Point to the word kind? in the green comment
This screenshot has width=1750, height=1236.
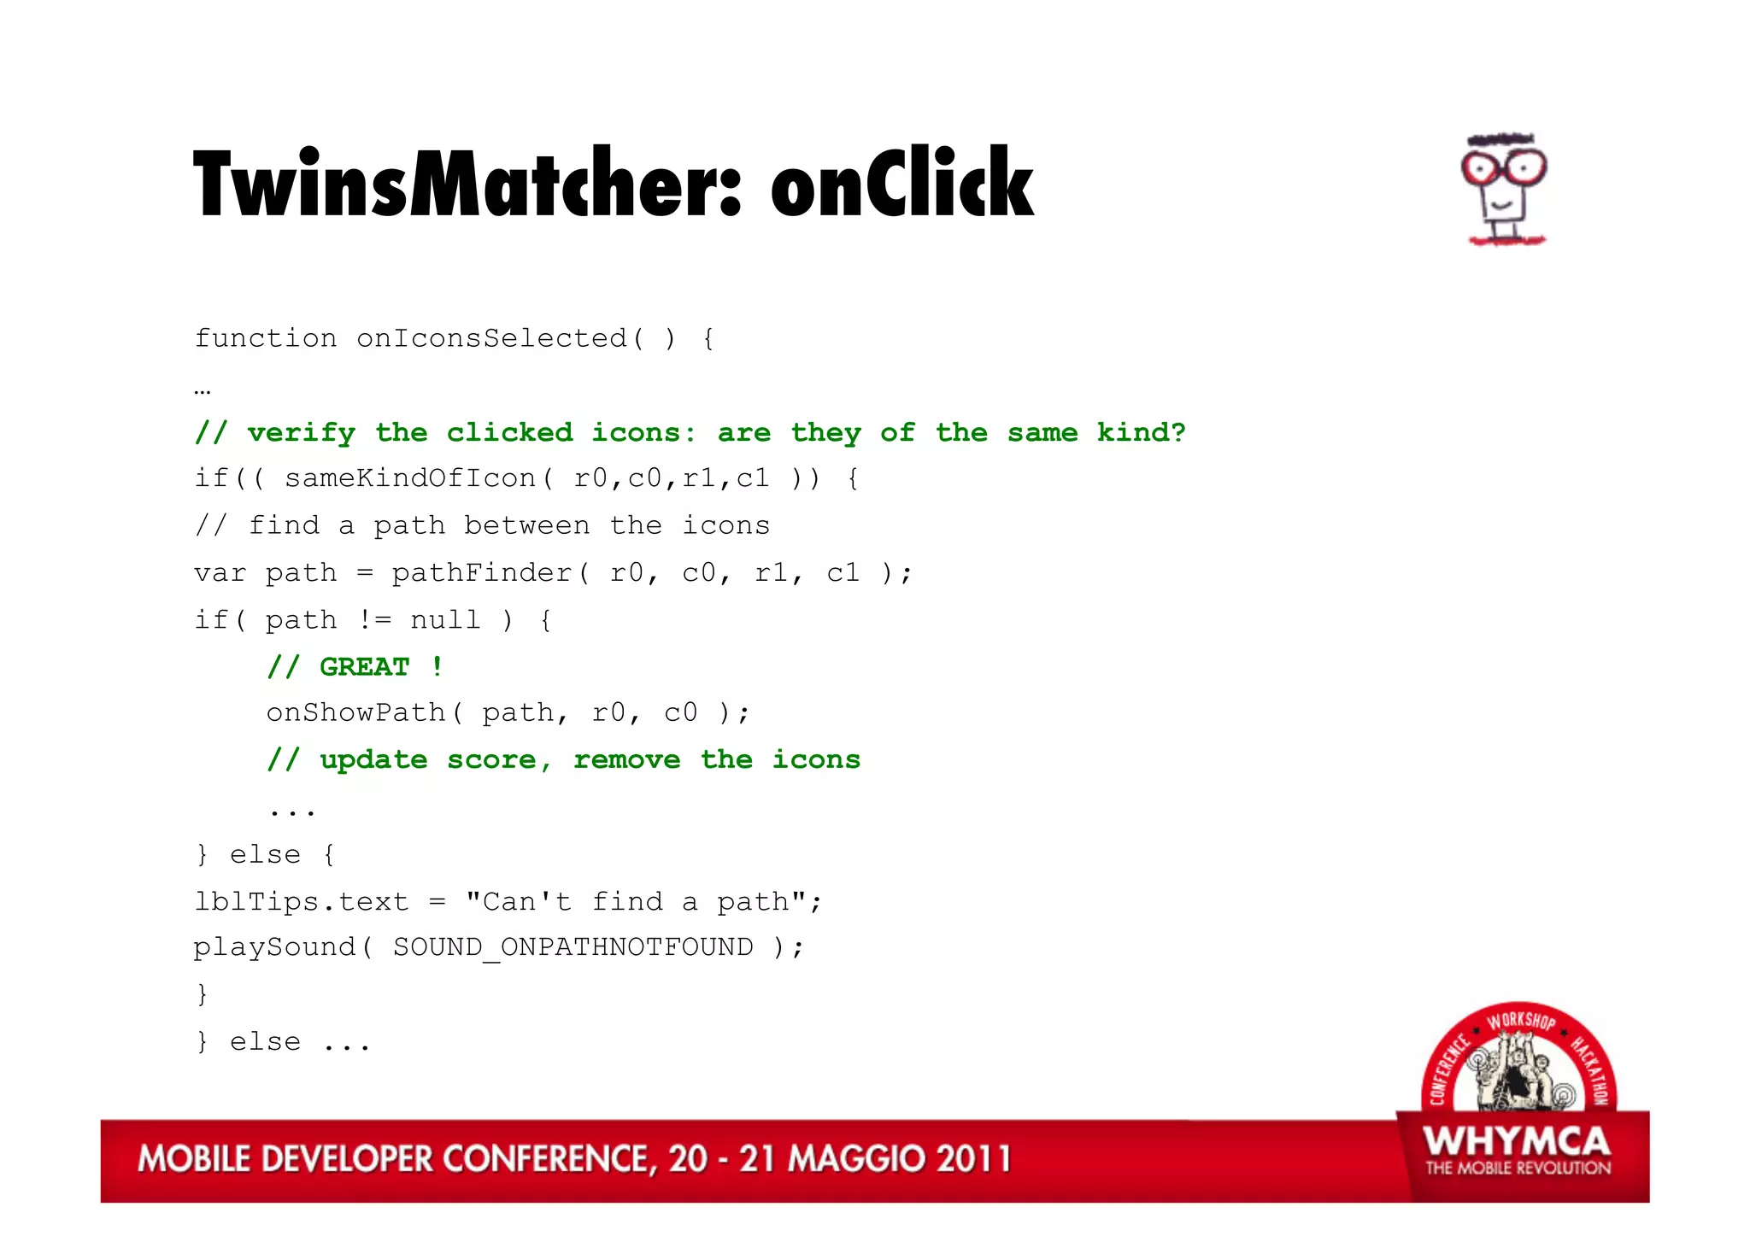click(1141, 432)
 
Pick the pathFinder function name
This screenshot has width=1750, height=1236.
click(481, 572)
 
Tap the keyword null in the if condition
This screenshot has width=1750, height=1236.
click(445, 619)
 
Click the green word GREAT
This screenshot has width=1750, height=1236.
click(365, 666)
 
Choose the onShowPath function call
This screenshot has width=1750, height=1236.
click(355, 712)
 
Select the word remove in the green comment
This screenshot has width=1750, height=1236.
click(626, 760)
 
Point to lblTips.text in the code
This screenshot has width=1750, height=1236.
click(301, 901)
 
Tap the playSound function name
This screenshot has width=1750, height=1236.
click(273, 947)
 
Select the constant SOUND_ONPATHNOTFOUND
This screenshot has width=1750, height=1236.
click(573, 947)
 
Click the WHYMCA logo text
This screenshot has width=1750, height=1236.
click(1517, 1141)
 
